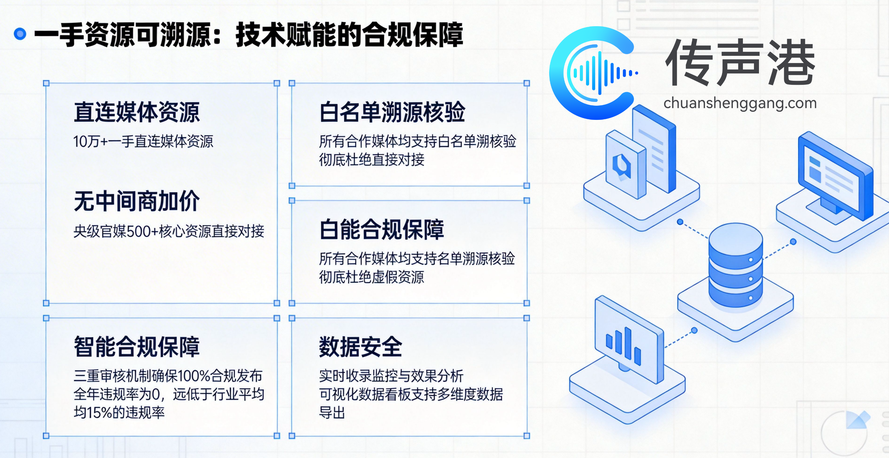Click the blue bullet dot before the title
20,34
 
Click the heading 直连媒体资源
137,112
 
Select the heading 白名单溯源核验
392,112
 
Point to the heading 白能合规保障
381,230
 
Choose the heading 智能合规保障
137,347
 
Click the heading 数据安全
360,347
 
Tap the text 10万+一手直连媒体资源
143,141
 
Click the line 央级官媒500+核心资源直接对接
169,231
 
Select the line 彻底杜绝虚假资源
371,277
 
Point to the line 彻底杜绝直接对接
371,160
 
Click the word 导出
332,413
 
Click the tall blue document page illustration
654,148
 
